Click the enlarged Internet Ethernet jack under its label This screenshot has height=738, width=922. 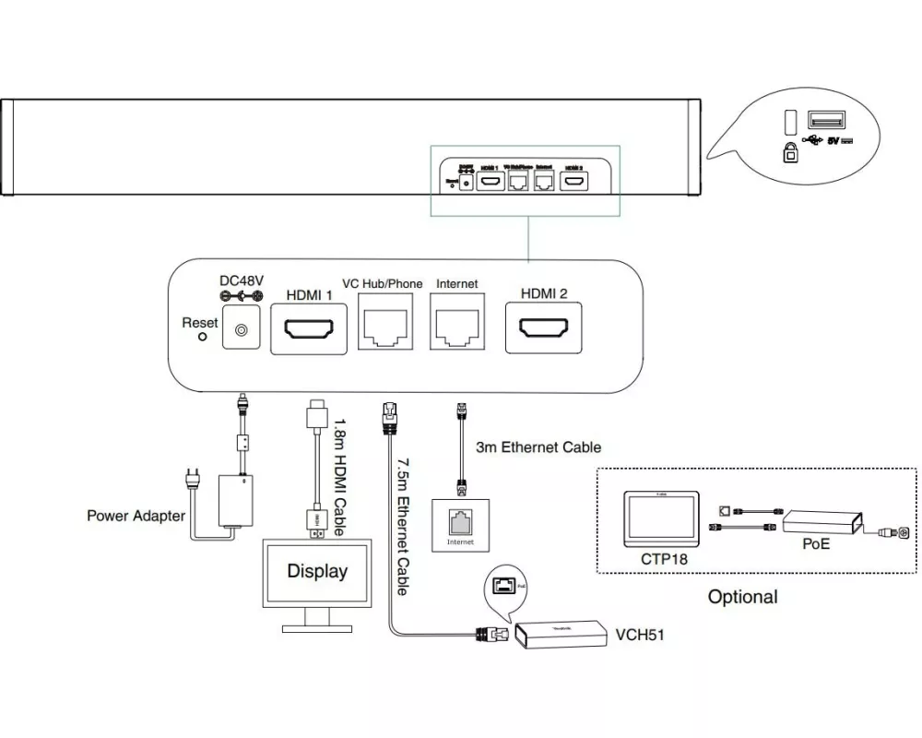[457, 327]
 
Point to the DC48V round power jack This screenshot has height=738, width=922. [242, 329]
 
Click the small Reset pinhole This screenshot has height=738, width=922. [204, 336]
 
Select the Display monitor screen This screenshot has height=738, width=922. [317, 571]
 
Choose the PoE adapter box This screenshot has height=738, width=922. [822, 523]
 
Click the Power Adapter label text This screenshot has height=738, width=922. [136, 516]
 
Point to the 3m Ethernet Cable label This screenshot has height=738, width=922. [538, 447]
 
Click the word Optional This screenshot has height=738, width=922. [742, 597]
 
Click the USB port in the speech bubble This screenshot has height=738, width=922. [825, 121]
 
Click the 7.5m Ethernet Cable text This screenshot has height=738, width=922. [403, 520]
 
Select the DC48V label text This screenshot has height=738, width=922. [242, 280]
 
